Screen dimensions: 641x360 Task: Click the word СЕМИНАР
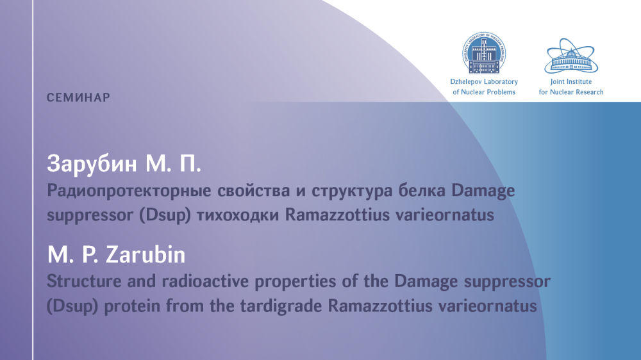tap(78, 97)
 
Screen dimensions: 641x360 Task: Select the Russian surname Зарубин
tap(92, 164)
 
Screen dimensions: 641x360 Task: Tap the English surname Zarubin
tap(146, 254)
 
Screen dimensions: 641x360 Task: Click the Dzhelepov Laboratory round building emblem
tap(484, 53)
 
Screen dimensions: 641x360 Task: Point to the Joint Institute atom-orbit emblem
tap(571, 56)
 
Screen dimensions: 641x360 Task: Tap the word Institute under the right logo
tap(579, 82)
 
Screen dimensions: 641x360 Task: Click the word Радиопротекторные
tap(129, 191)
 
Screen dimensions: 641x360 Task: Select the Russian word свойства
tap(254, 191)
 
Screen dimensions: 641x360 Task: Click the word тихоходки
tap(238, 215)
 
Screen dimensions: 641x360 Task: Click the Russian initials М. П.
tap(173, 164)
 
